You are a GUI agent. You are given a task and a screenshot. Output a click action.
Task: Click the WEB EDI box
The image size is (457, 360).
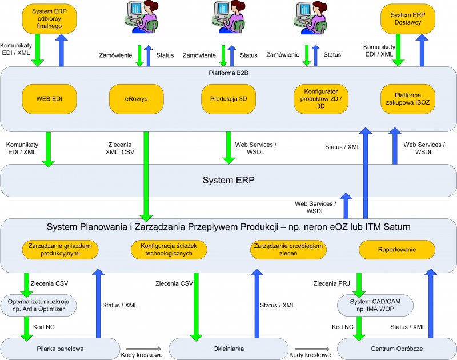(50, 98)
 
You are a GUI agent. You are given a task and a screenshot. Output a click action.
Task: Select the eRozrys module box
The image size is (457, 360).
(137, 98)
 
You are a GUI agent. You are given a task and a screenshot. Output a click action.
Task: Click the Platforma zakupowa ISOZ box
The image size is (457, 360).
(408, 98)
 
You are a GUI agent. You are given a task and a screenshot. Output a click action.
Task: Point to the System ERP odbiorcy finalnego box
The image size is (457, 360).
(50, 19)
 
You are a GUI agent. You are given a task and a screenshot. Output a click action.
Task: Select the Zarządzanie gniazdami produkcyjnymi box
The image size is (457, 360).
(61, 250)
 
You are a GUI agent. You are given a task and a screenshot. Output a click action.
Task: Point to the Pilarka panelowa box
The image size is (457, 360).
(61, 347)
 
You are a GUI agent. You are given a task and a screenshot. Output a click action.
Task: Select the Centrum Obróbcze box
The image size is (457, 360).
(396, 347)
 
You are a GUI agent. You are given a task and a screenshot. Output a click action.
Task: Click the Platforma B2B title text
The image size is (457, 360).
(228, 73)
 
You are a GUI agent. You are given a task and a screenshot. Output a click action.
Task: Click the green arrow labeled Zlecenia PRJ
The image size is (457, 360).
(360, 283)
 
